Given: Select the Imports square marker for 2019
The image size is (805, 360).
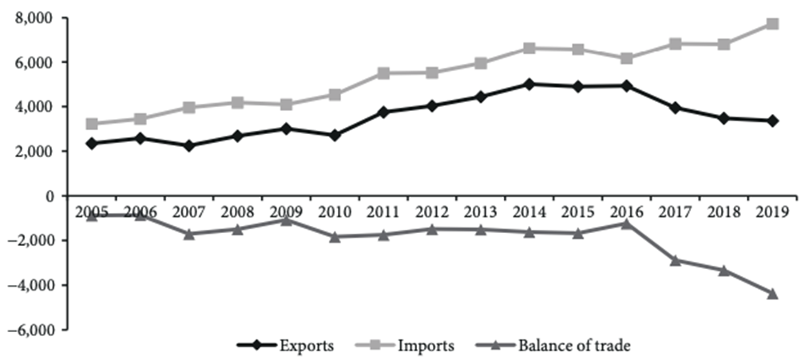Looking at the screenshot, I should click(772, 24).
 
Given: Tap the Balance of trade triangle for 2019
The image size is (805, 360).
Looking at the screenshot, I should click(772, 294).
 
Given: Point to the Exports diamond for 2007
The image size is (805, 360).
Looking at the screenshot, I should click(189, 146).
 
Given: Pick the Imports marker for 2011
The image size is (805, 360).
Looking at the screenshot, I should click(384, 73).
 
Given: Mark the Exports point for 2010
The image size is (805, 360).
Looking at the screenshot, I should click(335, 136).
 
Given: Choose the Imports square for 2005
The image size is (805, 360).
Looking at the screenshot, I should click(92, 125).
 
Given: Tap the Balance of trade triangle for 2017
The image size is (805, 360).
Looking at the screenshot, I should click(676, 260).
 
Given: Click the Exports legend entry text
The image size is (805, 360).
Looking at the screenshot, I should click(306, 346).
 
